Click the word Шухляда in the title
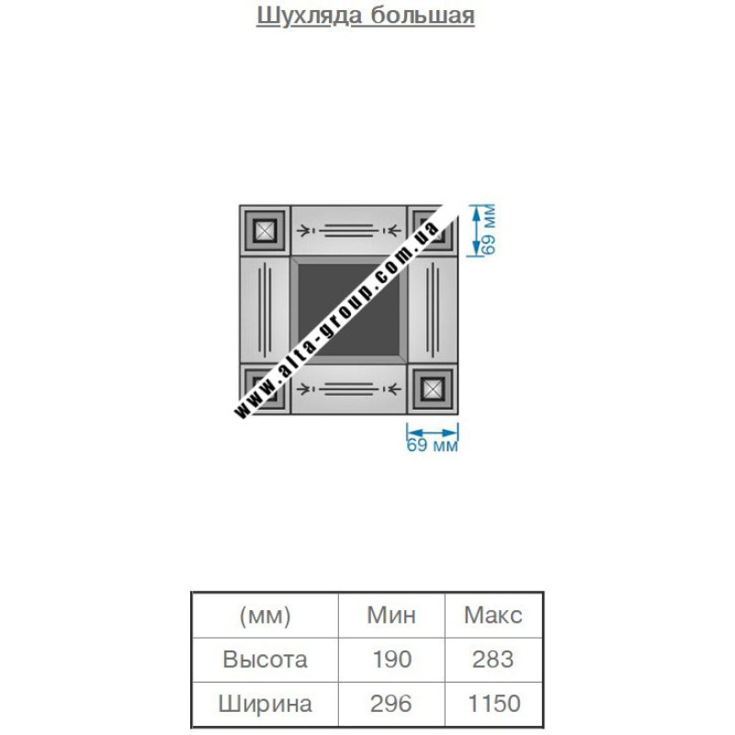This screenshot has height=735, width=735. click(310, 16)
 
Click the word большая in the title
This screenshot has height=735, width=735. click(423, 15)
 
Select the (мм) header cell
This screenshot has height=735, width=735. click(266, 615)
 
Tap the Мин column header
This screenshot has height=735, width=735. click(391, 615)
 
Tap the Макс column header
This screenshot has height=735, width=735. click(493, 615)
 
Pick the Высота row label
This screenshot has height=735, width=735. click(266, 660)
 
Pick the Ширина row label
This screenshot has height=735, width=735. click(266, 704)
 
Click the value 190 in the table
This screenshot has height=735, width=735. click(392, 660)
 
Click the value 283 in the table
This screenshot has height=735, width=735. click(493, 660)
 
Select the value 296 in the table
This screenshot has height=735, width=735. click(391, 704)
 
